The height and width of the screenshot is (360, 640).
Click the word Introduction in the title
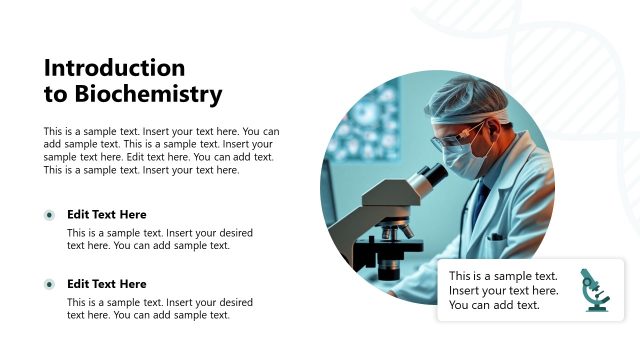click(x=115, y=68)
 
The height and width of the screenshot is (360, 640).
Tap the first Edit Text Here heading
click(x=106, y=214)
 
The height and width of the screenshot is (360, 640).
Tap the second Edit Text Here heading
click(x=106, y=284)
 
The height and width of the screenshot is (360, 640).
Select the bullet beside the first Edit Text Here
click(x=49, y=215)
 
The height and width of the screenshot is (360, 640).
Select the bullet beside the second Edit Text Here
click(x=49, y=285)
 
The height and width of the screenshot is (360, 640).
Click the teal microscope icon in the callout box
click(x=596, y=290)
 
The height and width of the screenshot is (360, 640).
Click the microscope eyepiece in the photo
click(x=430, y=178)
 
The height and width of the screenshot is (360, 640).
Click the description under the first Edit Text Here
click(x=159, y=239)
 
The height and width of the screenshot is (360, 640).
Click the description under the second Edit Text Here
click(x=159, y=308)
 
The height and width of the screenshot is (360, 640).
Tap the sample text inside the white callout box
click(x=503, y=290)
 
